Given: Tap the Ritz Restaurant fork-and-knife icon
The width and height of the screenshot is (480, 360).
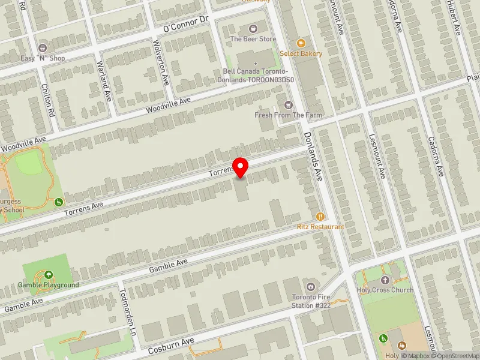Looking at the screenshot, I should [320, 216].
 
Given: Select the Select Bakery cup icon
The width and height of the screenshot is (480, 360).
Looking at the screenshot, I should [301, 43].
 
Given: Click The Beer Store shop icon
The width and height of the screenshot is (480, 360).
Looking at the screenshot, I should [253, 28].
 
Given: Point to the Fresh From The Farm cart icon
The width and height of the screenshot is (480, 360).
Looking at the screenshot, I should [289, 105].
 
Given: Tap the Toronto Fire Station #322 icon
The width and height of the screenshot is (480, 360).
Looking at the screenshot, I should [311, 286].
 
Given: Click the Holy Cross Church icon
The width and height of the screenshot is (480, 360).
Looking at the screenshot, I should [385, 280].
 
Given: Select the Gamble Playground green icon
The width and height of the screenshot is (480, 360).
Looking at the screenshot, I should [48, 275].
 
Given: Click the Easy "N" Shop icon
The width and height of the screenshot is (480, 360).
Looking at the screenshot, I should [42, 47].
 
